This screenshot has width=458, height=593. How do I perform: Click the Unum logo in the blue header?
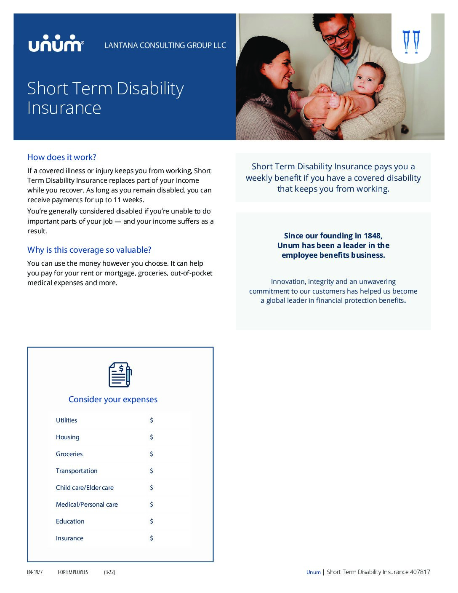56,44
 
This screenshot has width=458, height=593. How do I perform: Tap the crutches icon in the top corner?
411,42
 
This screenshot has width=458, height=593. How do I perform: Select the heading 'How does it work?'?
61,157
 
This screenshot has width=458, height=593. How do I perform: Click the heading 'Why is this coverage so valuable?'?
89,250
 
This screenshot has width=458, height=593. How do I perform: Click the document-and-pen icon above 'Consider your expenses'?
120,374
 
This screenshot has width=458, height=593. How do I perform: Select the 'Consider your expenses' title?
113,399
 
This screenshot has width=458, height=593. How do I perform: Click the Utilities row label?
67,420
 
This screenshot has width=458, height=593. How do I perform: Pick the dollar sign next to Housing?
152,437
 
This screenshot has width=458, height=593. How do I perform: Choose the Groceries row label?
69,454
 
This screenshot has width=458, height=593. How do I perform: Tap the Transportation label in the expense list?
77,471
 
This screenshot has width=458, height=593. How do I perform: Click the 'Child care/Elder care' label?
85,488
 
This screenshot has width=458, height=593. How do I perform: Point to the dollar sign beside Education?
152,521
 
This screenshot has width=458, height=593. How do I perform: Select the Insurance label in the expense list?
69,538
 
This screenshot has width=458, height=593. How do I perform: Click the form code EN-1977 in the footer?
35,572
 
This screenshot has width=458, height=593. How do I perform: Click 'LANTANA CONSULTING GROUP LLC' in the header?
165,45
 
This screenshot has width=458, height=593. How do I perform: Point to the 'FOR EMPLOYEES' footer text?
73,572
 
